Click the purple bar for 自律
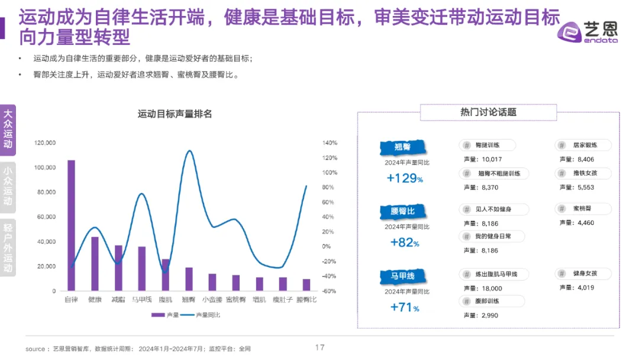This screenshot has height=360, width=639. (x=71, y=225)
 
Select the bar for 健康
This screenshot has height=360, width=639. (x=95, y=263)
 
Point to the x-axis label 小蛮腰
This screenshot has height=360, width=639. (x=212, y=300)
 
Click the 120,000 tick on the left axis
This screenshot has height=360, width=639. (x=45, y=143)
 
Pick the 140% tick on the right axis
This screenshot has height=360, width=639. (x=330, y=143)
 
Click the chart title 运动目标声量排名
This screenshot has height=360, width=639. (x=175, y=114)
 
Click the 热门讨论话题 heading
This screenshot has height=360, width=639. (x=488, y=112)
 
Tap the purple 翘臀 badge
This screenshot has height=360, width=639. (x=403, y=147)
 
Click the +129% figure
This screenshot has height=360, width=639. (x=405, y=178)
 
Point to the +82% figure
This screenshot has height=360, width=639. (x=405, y=242)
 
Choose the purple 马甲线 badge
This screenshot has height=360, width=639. (x=403, y=277)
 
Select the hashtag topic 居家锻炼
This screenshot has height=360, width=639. (x=583, y=145)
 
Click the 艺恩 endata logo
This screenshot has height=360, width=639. (x=589, y=30)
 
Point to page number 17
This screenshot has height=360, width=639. (x=319, y=348)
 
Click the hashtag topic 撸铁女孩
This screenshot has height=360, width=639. (x=583, y=173)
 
